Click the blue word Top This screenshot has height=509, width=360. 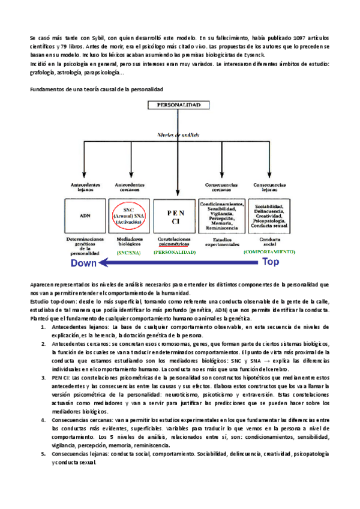[271, 262]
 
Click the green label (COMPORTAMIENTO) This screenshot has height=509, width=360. [269, 252]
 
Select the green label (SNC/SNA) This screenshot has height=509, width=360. [127, 253]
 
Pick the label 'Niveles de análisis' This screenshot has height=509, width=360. [178, 137]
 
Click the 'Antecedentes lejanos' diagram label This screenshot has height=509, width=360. [85, 187]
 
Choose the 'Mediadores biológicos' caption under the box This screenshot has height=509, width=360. [127, 242]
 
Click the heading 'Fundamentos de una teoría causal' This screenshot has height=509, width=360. [96, 89]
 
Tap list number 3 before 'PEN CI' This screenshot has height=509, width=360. [43, 378]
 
